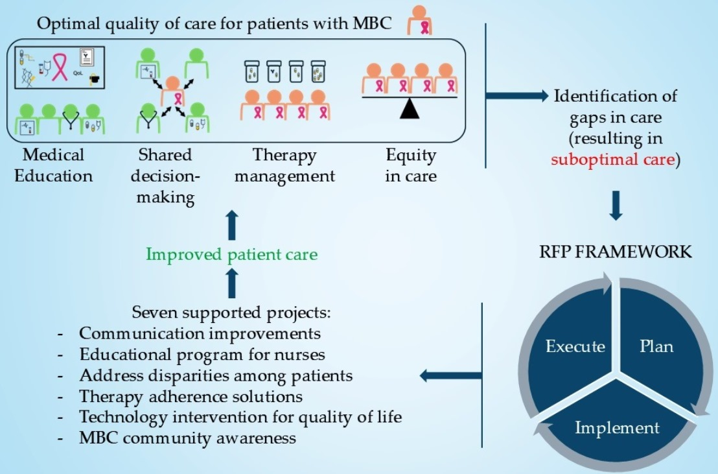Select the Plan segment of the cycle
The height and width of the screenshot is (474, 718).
660,348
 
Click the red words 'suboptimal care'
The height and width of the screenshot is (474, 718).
612,160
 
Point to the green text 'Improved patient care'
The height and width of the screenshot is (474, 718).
232,254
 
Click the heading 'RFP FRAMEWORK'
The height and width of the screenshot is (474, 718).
616,252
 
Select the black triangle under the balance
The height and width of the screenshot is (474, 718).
410,109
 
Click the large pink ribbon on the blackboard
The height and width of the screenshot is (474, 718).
59,67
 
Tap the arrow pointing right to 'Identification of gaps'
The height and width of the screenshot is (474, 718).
516,96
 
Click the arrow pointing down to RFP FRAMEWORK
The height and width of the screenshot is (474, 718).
616,206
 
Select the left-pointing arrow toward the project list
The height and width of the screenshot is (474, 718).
450,376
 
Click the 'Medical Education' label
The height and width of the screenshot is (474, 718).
54,165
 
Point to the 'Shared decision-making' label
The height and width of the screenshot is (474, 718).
165,176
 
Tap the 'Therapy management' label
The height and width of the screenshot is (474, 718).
285,166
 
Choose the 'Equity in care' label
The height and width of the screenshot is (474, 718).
411,165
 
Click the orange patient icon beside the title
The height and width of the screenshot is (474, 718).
420,20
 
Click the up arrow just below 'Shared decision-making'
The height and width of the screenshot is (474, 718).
232,224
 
